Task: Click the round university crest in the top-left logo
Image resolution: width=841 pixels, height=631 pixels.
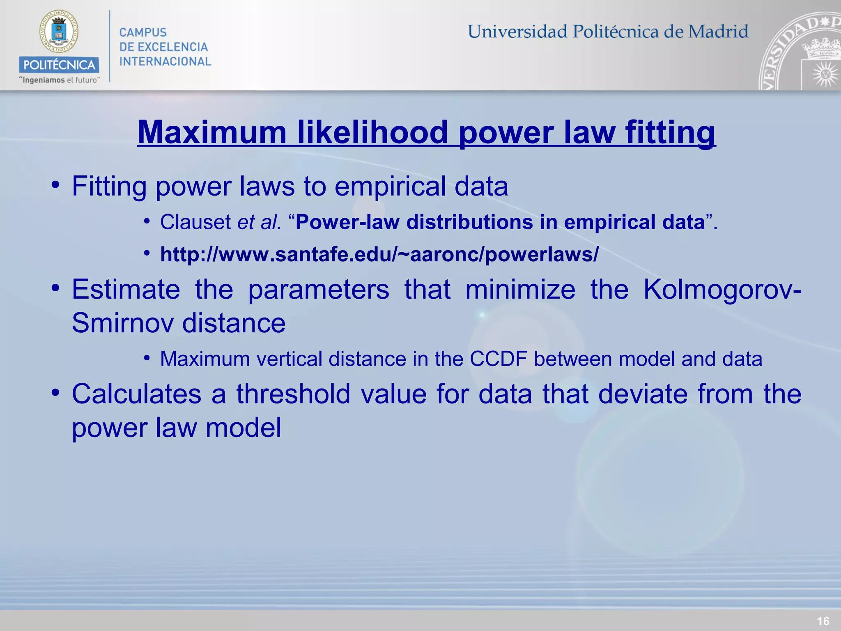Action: pyautogui.click(x=59, y=32)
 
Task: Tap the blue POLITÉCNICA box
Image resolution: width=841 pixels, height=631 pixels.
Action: pyautogui.click(x=59, y=65)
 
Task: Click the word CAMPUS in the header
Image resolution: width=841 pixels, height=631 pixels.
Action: pyautogui.click(x=143, y=32)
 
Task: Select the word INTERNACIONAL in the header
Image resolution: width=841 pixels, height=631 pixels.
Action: pyautogui.click(x=165, y=62)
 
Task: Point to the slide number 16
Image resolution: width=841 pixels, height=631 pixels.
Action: pyautogui.click(x=823, y=621)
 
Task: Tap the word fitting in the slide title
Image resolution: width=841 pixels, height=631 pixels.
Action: pyautogui.click(x=670, y=132)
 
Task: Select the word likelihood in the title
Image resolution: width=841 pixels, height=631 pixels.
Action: pyautogui.click(x=372, y=132)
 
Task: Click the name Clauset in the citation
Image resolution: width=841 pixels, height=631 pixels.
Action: pyautogui.click(x=195, y=222)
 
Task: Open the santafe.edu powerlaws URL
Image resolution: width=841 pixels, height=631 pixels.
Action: pyautogui.click(x=379, y=254)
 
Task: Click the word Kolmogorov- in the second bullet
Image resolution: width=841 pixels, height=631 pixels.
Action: pyautogui.click(x=722, y=290)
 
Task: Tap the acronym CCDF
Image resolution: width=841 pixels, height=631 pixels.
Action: pyautogui.click(x=498, y=359)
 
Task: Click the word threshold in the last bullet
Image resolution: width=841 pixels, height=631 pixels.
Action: pyautogui.click(x=293, y=394)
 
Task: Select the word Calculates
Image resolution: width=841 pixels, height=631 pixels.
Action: pyautogui.click(x=136, y=394)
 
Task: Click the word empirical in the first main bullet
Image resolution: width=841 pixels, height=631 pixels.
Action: pyautogui.click(x=390, y=186)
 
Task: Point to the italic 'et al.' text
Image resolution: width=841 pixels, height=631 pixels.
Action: pyautogui.click(x=260, y=222)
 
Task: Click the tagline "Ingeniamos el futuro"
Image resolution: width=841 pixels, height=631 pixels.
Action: pyautogui.click(x=59, y=80)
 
